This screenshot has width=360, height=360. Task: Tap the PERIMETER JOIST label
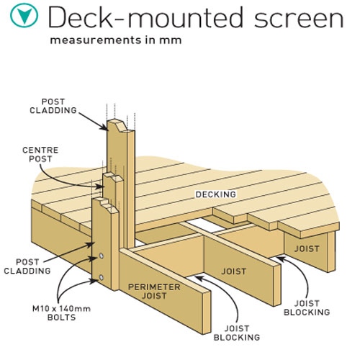tap(153, 292)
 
